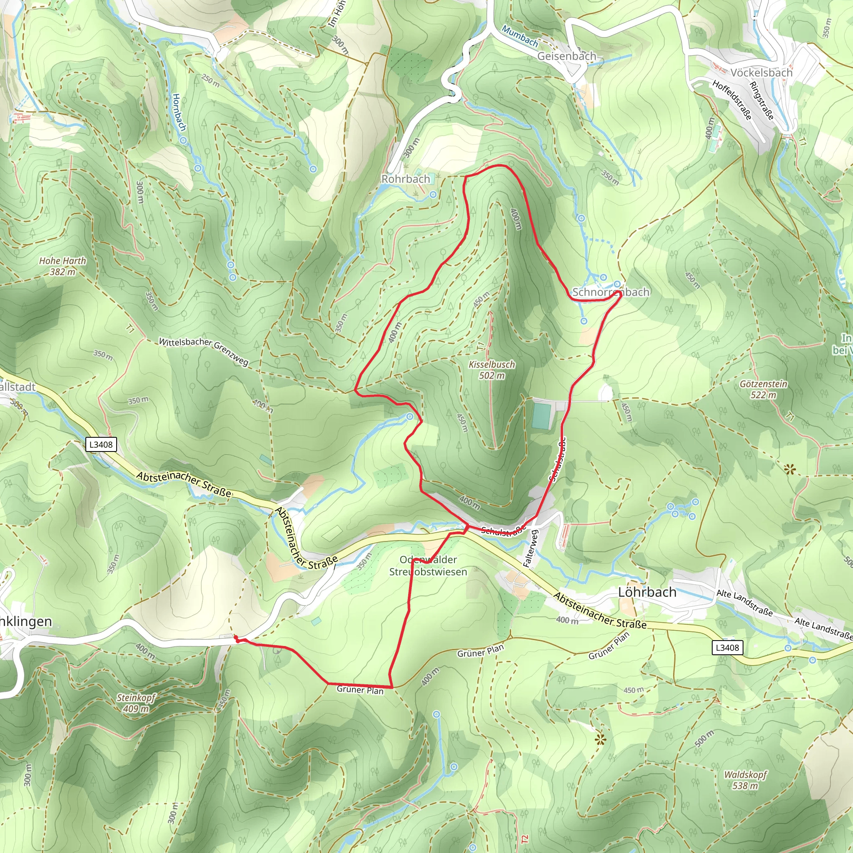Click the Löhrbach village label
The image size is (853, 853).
coord(647,592)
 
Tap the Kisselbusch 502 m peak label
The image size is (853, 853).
coord(492,370)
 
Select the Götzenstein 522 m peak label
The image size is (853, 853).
coord(763,389)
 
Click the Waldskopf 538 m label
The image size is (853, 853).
coord(745,780)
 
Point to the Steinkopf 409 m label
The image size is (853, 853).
coord(136,703)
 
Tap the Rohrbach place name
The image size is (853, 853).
coord(405,179)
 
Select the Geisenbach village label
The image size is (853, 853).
coord(566,57)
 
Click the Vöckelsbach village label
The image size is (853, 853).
coord(761,73)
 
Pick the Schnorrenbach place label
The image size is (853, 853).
coord(611,292)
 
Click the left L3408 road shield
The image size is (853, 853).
coord(101,444)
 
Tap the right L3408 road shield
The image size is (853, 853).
coord(727,648)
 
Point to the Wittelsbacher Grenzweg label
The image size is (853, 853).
coord(204,352)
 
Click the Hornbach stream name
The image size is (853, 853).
coord(179,112)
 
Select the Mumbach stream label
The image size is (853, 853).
coord(520,37)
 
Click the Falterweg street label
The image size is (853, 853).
coord(531,549)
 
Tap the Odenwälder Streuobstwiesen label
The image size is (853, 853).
coord(428,566)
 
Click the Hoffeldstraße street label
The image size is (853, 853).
coord(731,100)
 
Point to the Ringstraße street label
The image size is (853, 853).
coord(762,101)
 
